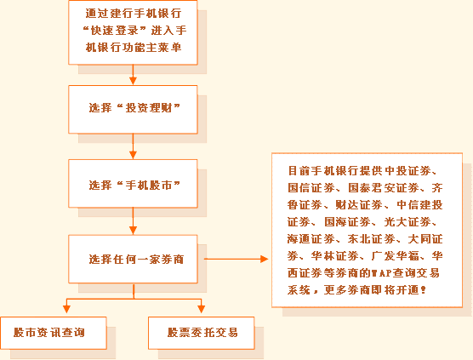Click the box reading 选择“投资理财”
(133, 110)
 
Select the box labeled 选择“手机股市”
(133, 184)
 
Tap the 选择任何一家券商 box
(133, 259)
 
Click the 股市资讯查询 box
(54, 333)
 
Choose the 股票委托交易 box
(202, 333)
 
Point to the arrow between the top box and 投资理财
(133, 75)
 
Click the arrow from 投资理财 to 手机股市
(133, 146)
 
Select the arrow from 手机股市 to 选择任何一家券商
(133, 221)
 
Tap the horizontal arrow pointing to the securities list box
(236, 259)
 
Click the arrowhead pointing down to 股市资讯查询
(66, 309)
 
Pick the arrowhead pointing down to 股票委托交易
(202, 309)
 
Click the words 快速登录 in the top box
(115, 31)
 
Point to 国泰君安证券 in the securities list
(384, 188)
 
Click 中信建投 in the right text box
(419, 205)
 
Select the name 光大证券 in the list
(407, 222)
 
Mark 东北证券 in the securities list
(372, 239)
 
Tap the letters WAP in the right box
(382, 273)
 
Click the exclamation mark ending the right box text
(423, 290)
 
